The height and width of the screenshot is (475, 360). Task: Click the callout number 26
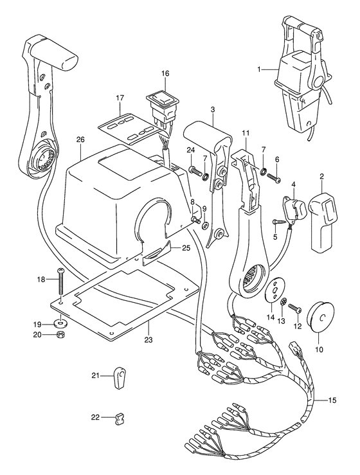click(x=80, y=140)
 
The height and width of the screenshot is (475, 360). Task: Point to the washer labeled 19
click(x=62, y=324)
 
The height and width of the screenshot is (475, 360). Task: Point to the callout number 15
click(x=332, y=400)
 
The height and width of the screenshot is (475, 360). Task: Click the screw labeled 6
click(x=274, y=177)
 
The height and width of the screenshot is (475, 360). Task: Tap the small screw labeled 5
click(x=278, y=222)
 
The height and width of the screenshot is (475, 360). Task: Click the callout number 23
click(x=148, y=340)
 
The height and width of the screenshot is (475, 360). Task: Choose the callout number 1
click(x=258, y=69)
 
